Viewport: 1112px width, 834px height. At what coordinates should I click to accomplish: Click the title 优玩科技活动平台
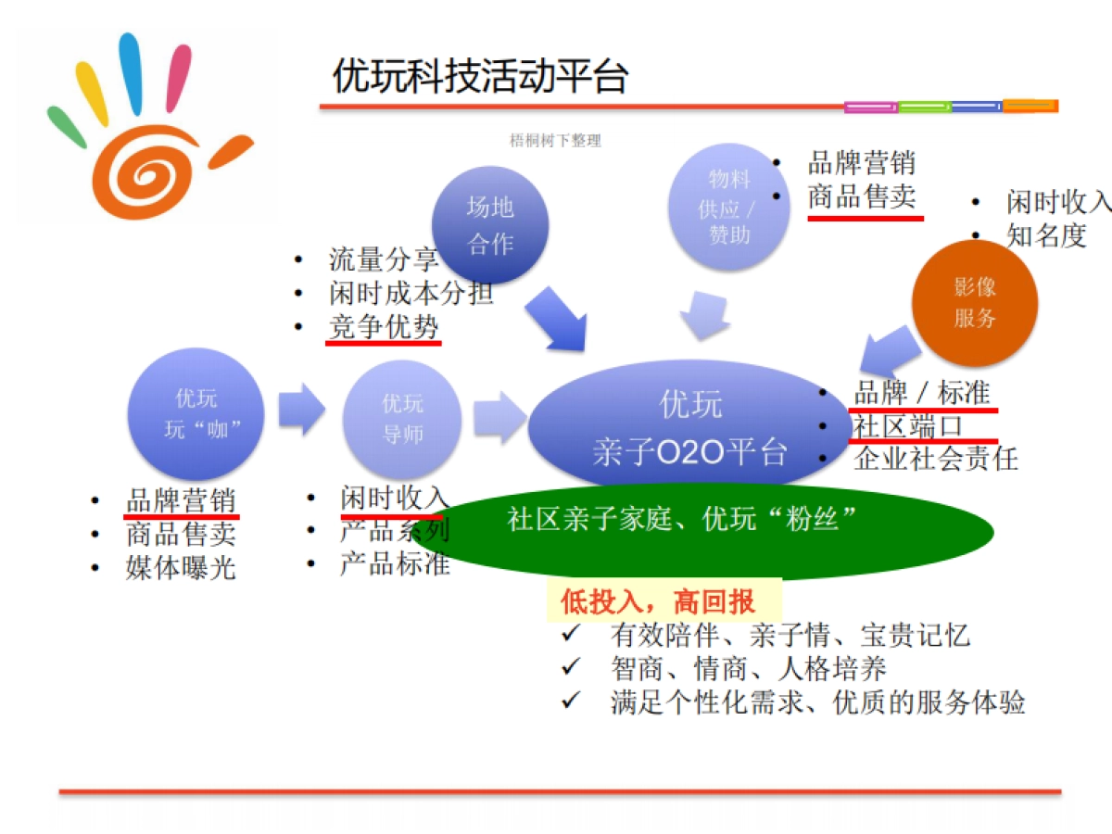480,77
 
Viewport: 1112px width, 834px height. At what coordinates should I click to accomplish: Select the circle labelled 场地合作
490,225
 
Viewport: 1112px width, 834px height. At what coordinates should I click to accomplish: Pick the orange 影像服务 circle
974,303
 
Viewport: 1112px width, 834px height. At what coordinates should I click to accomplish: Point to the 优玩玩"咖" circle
196,414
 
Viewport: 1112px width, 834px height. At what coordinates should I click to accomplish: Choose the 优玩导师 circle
403,418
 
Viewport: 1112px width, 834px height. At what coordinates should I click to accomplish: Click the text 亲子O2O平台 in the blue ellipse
689,452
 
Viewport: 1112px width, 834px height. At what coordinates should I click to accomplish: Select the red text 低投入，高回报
658,602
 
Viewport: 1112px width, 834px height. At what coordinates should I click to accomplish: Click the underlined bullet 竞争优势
384,327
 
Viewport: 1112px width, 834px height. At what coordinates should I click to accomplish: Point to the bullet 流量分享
384,259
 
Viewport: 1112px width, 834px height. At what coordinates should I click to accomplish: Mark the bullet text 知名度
1045,235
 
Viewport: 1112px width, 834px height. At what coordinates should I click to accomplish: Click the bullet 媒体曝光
181,567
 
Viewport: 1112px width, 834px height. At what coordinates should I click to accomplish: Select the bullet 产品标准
395,563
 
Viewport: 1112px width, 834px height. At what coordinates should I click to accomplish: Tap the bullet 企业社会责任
935,458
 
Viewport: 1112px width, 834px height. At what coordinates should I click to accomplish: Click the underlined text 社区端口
908,425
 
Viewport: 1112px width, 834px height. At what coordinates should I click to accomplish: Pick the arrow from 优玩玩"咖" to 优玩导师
301,409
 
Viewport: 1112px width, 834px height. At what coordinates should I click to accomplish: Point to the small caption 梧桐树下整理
555,141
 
